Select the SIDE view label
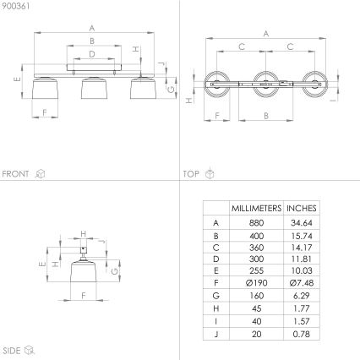coord(12,348)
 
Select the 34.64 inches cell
coord(302,221)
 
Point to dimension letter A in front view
coord(91,29)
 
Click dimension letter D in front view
coord(91,53)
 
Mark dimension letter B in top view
coord(266,114)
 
